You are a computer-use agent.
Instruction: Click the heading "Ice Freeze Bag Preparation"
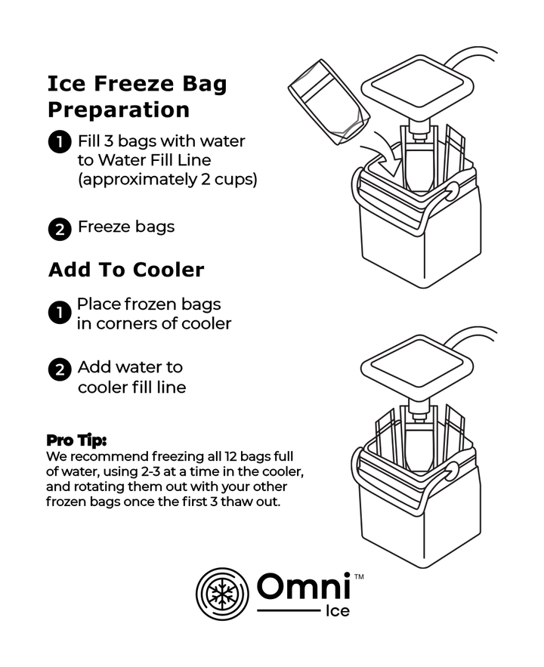[x=137, y=96]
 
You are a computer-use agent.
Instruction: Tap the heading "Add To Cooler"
[x=126, y=270]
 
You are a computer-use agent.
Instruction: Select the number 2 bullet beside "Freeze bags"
[x=60, y=228]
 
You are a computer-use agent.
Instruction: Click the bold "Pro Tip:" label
[x=76, y=440]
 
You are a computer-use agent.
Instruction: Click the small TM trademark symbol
[x=359, y=576]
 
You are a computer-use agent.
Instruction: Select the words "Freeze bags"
[x=125, y=227]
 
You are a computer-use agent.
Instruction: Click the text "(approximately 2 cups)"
[x=167, y=180]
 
